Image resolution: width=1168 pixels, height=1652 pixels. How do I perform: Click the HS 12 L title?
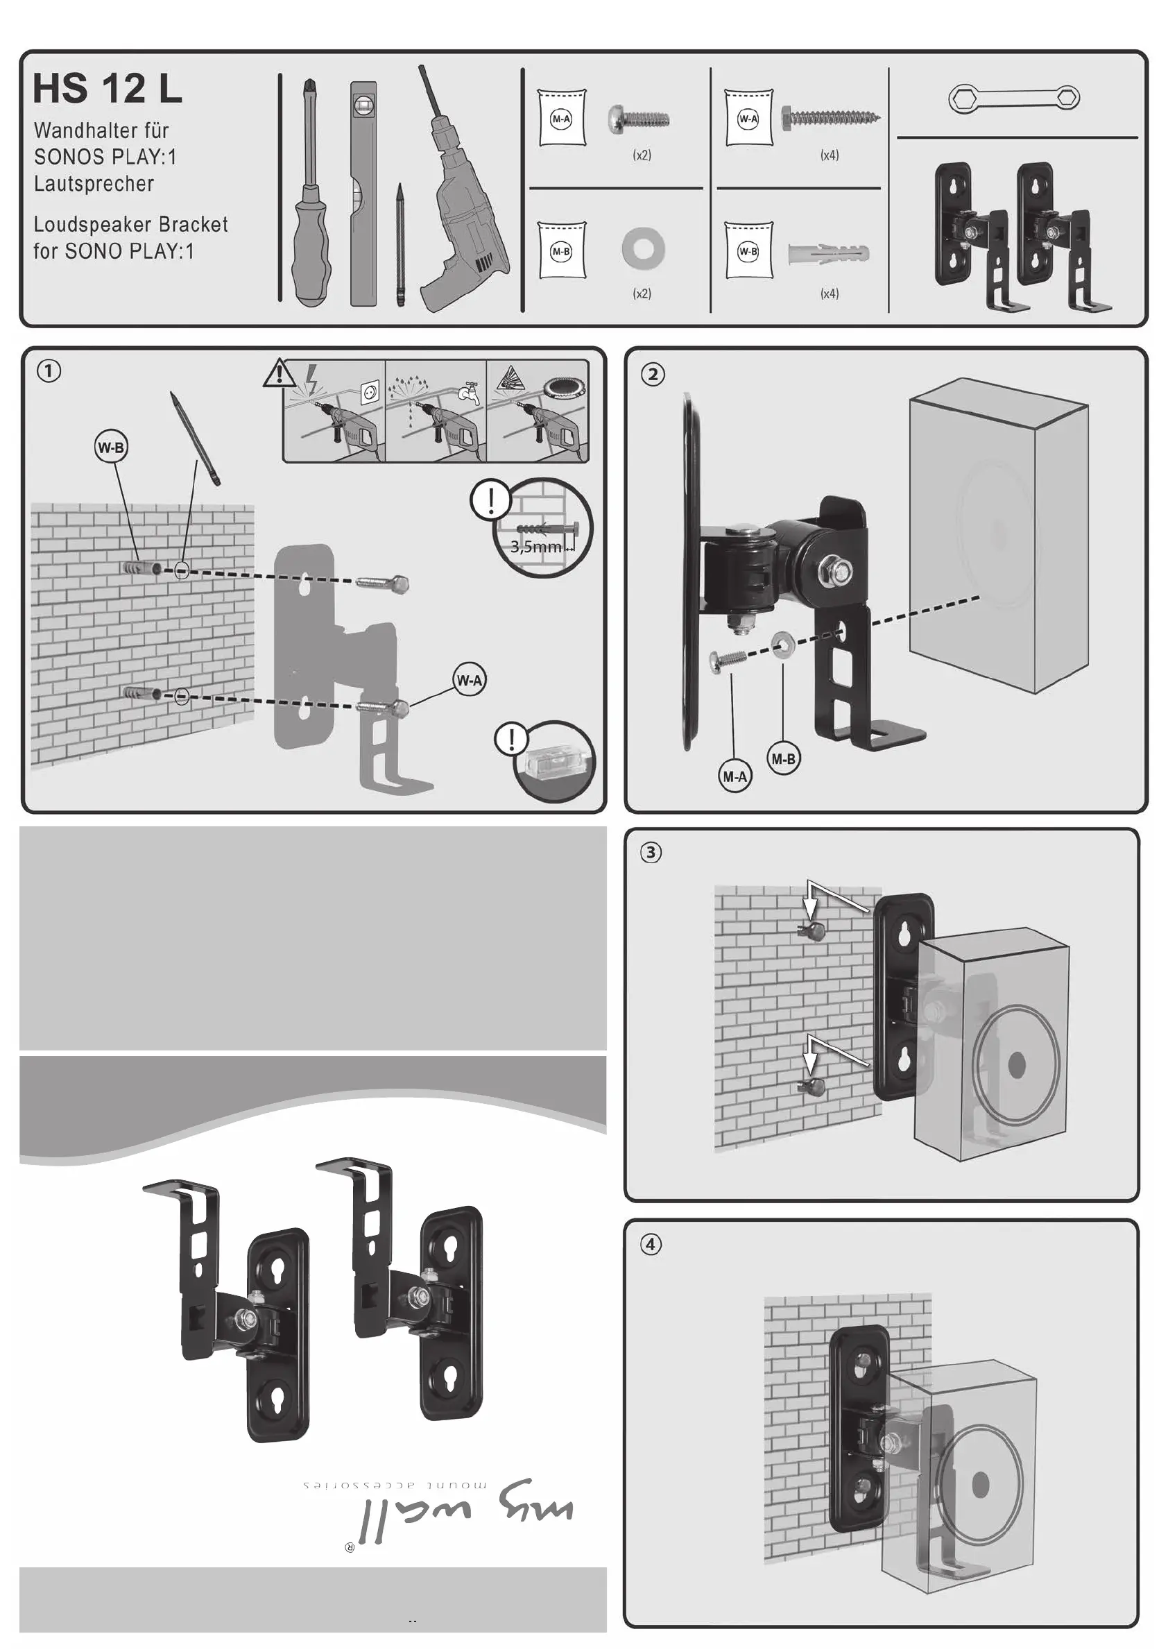point(108,89)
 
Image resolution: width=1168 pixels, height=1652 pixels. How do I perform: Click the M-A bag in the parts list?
point(561,119)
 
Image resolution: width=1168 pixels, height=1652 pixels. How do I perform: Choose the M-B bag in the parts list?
point(561,251)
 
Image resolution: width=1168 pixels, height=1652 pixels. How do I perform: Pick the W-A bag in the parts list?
point(748,119)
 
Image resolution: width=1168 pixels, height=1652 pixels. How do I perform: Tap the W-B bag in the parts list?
point(748,251)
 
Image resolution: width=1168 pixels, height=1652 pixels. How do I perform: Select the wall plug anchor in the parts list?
point(829,253)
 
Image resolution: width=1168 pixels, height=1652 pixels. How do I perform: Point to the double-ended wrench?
point(1014,98)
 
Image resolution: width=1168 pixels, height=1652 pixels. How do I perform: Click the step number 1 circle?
point(49,371)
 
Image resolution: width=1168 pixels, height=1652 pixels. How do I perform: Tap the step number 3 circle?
point(651,853)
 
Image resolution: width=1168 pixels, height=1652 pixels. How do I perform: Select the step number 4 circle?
point(651,1244)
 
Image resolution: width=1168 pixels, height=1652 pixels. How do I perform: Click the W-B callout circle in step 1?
point(111,448)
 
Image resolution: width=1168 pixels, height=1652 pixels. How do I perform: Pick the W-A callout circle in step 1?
point(470,680)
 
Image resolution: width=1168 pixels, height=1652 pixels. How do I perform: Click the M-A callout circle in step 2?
point(735,776)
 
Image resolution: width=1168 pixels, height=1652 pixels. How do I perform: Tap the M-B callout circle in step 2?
point(783,758)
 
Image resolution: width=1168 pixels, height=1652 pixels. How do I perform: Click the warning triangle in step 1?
point(280,373)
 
